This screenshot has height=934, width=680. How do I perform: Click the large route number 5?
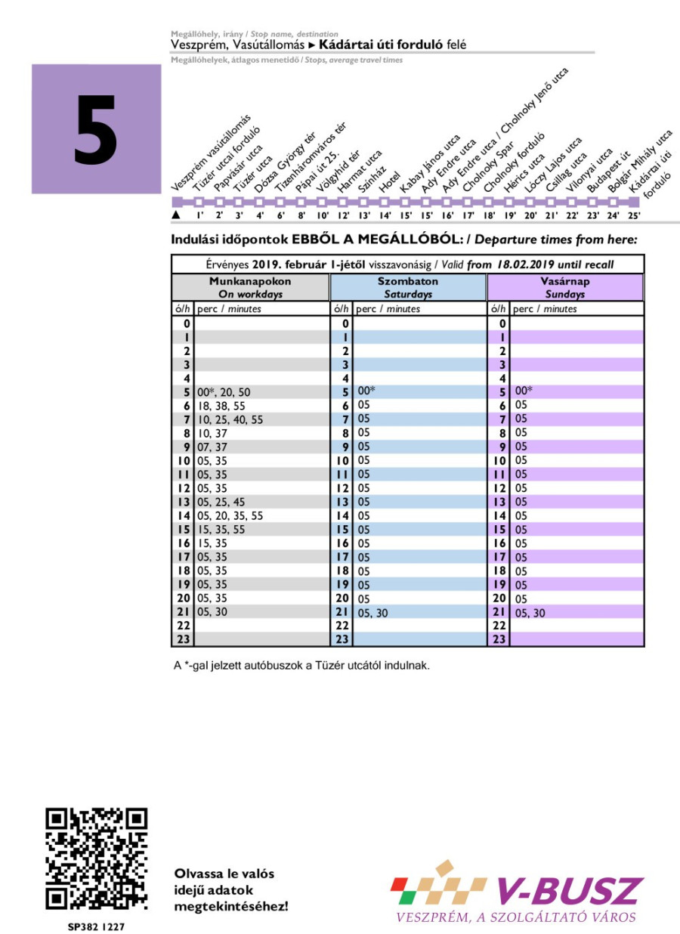coord(96,129)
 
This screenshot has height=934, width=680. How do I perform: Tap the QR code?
coord(96,858)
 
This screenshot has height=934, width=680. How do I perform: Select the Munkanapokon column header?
coord(250,287)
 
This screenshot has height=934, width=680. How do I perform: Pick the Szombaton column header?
coord(408,287)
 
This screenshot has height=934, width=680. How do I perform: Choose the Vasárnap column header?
coord(565,287)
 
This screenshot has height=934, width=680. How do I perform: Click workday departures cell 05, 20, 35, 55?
coord(230,515)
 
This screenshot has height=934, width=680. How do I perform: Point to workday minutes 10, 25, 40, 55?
coord(230,419)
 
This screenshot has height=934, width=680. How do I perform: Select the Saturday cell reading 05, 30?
coord(372,613)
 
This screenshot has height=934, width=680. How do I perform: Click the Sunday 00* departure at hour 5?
coord(524,391)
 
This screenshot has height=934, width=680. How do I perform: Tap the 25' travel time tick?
coord(634,215)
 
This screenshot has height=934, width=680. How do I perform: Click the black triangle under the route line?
coord(176,215)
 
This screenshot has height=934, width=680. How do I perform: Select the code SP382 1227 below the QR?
coord(95,925)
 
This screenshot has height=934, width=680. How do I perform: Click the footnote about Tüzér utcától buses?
coord(301,666)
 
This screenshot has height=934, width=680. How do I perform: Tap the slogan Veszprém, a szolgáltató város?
coord(516,917)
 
